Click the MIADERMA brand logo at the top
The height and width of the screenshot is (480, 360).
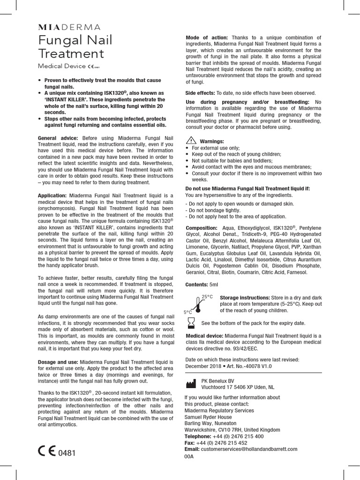[69, 27]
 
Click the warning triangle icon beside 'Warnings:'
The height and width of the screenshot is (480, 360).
[191, 141]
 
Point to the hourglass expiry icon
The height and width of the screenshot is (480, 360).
[191, 323]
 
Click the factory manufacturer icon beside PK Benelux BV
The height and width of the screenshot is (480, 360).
[191, 384]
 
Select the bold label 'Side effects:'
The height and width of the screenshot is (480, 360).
[200, 93]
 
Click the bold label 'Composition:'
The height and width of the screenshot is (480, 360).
[201, 228]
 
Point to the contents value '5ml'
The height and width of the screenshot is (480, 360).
[214, 285]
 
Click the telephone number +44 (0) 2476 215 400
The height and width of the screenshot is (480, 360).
[238, 436]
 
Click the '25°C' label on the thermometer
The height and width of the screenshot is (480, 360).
[207, 297]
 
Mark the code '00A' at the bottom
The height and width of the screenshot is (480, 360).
[189, 456]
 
